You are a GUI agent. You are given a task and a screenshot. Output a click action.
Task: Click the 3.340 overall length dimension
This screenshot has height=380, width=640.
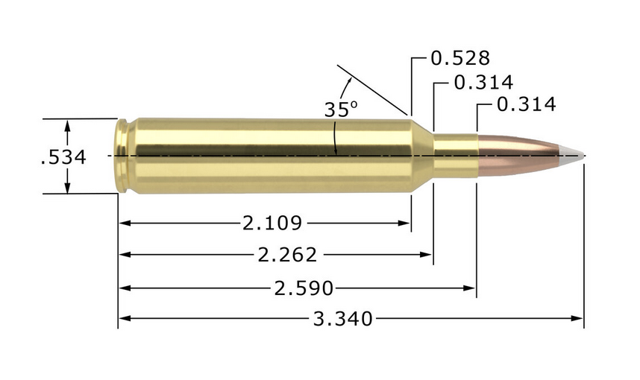[342, 320]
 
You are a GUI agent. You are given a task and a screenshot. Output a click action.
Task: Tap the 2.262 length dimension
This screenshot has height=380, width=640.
[287, 255]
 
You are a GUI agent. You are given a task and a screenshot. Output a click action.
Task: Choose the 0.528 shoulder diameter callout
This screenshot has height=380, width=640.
[460, 58]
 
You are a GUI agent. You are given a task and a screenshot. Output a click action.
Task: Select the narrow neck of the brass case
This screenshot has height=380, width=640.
[455, 155]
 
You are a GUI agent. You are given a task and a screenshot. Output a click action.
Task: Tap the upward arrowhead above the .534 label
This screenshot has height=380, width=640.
[68, 126]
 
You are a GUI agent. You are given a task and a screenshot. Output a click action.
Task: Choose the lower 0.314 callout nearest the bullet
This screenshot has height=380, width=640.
[526, 105]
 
